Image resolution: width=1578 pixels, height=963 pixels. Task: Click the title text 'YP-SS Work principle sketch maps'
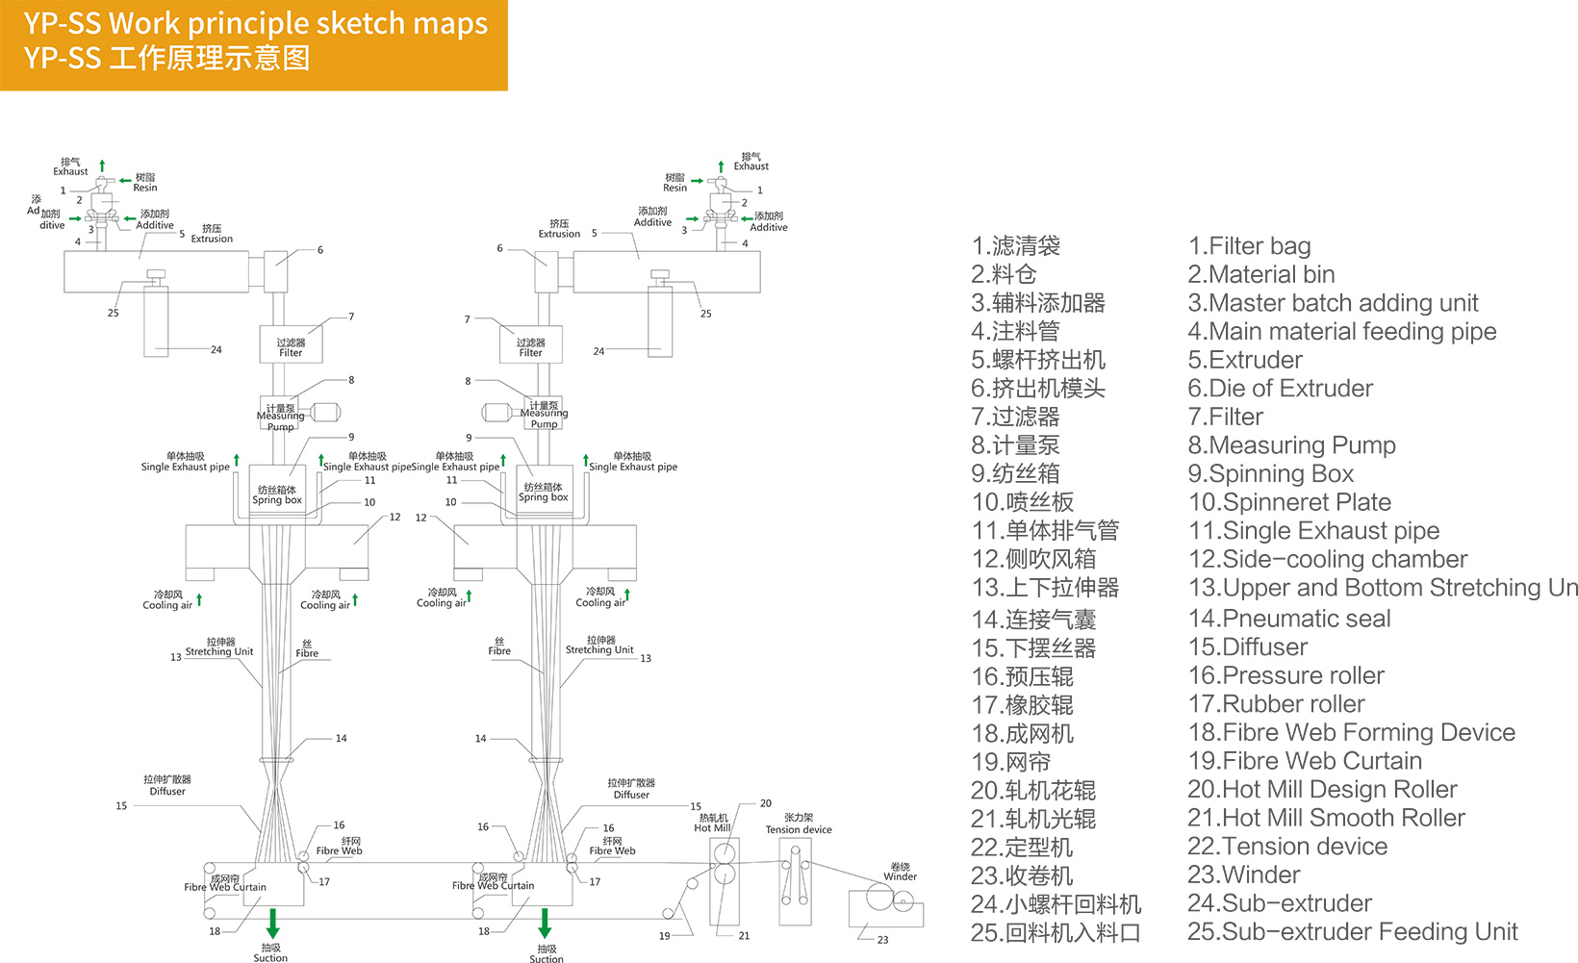click(x=255, y=23)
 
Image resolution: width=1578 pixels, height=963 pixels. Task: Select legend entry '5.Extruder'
click(x=1245, y=360)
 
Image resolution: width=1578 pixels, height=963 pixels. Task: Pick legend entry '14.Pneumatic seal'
click(x=1289, y=619)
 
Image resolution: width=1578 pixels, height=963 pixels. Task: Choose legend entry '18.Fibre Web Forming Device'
click(x=1351, y=733)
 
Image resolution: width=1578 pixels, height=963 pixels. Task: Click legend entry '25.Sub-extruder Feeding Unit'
click(x=1352, y=932)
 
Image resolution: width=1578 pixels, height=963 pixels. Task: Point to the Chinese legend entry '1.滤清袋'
click(x=1015, y=246)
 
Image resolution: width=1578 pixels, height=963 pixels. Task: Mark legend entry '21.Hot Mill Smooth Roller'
click(x=1326, y=819)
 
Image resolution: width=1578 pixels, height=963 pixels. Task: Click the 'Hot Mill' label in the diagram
click(x=713, y=827)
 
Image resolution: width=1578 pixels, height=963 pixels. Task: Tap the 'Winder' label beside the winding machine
click(x=901, y=876)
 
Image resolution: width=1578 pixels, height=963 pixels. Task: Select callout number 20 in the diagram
click(x=766, y=803)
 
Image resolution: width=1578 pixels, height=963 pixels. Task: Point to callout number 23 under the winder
click(x=883, y=940)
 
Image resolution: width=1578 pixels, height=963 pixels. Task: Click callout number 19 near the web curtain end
click(x=664, y=936)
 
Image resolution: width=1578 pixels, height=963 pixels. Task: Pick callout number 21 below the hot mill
click(x=744, y=936)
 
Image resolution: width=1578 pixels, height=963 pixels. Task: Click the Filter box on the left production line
click(x=291, y=345)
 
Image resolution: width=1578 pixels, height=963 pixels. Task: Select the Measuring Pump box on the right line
click(x=544, y=414)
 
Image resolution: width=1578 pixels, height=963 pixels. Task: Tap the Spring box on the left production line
click(x=277, y=494)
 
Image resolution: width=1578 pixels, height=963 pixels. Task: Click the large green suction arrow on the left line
click(x=272, y=924)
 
